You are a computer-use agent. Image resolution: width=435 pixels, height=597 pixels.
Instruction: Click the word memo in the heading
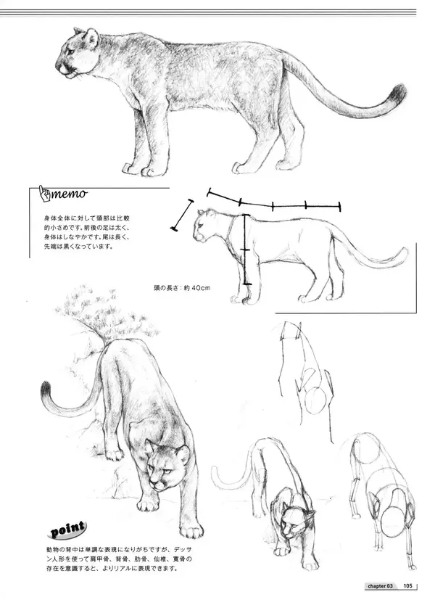click(x=70, y=194)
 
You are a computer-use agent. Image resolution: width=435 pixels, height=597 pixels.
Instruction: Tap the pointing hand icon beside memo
click(x=44, y=194)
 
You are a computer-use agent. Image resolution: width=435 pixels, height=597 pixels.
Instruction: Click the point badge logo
click(x=67, y=530)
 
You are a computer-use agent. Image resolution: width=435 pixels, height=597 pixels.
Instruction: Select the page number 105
click(x=408, y=585)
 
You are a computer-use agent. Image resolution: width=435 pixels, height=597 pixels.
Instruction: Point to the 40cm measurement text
click(x=200, y=288)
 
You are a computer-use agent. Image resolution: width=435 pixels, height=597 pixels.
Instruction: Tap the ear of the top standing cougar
click(x=91, y=37)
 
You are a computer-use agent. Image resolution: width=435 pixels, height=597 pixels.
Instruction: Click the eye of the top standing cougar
click(x=70, y=51)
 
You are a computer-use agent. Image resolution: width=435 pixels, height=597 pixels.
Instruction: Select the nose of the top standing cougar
click(x=57, y=65)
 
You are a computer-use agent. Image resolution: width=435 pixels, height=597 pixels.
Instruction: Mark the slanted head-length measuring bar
click(x=182, y=215)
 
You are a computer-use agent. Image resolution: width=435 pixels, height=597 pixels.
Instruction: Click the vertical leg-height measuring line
click(x=246, y=250)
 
